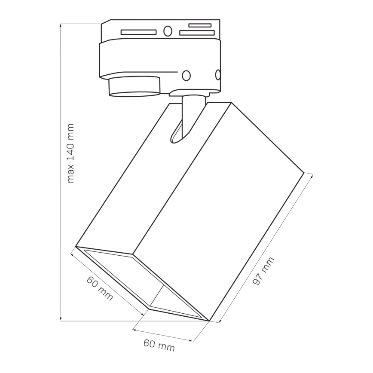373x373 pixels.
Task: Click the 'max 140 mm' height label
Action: click(x=71, y=153)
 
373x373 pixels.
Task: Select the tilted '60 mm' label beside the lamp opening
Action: click(x=100, y=288)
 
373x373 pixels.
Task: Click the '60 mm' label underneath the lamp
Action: click(x=159, y=345)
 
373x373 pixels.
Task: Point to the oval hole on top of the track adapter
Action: click(x=168, y=31)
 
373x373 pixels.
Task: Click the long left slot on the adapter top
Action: click(x=138, y=32)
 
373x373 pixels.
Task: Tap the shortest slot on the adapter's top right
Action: click(x=199, y=25)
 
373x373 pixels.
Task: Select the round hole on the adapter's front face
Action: click(x=186, y=75)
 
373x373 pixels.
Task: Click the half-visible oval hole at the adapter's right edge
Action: click(x=218, y=75)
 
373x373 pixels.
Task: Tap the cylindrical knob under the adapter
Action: click(x=134, y=86)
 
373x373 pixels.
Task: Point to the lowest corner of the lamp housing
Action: click(x=209, y=321)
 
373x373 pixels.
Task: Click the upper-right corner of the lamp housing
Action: click(x=304, y=173)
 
